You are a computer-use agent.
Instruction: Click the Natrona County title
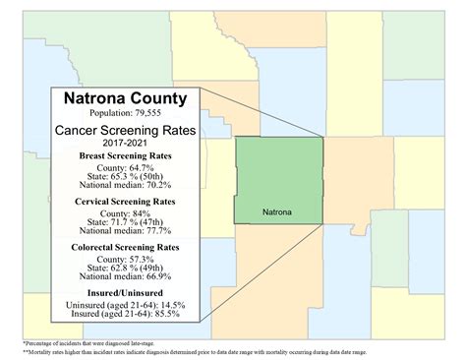point(125,98)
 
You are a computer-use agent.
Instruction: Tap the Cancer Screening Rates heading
point(125,132)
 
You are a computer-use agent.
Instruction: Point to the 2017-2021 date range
point(125,145)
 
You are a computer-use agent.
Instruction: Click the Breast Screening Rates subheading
point(125,157)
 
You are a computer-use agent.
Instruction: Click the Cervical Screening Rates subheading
point(125,203)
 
